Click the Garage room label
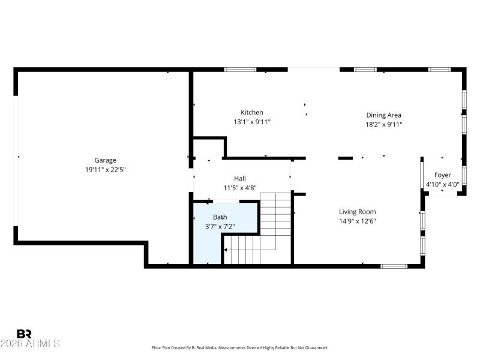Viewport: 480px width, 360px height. [x=105, y=160]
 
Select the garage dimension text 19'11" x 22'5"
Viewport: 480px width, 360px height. [x=105, y=169]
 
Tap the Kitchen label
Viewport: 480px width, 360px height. [x=252, y=112]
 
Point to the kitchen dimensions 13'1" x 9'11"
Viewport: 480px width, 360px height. [x=252, y=122]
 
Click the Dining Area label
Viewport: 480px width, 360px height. [x=384, y=115]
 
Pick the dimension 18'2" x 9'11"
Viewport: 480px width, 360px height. [x=384, y=125]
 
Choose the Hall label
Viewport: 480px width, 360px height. [x=240, y=178]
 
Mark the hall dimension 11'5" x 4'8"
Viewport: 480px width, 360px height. [x=240, y=188]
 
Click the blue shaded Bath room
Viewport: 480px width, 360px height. [x=207, y=246]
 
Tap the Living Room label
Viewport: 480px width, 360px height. [x=358, y=212]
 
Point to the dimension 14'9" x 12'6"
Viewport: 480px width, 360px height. [x=358, y=221]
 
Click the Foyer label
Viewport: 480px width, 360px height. [x=443, y=175]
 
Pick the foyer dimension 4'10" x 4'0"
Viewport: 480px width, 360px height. [x=443, y=185]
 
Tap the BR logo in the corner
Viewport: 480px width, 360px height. [x=24, y=334]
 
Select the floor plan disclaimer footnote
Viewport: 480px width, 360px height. [x=240, y=347]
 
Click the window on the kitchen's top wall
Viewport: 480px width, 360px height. [x=240, y=70]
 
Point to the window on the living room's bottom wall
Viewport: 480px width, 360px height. [x=394, y=266]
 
